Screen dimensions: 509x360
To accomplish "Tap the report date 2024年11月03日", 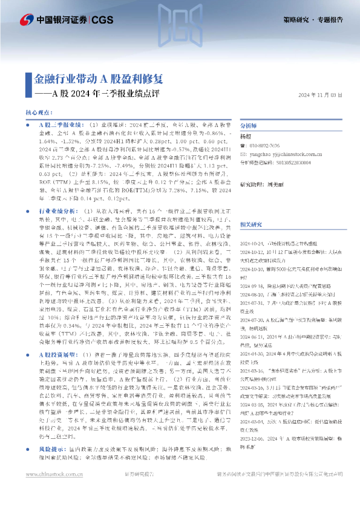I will tap(321, 95).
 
